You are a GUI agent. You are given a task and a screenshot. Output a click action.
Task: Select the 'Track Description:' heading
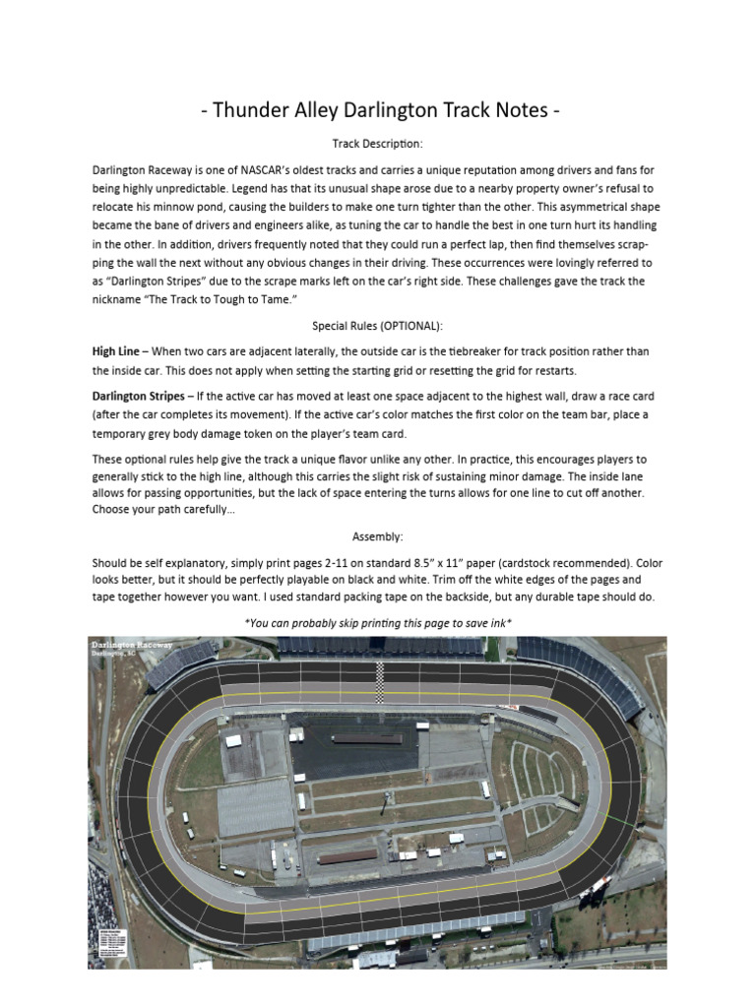tap(377, 144)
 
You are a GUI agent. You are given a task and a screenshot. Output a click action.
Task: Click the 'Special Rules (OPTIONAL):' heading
tap(377, 325)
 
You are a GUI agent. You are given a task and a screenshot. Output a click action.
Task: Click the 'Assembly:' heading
tap(378, 536)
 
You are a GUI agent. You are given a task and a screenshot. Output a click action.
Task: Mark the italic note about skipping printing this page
tap(378, 623)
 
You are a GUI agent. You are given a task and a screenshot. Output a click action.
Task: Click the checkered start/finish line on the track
tap(380, 681)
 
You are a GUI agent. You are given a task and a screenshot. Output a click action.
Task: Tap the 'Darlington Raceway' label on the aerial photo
tap(132, 645)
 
